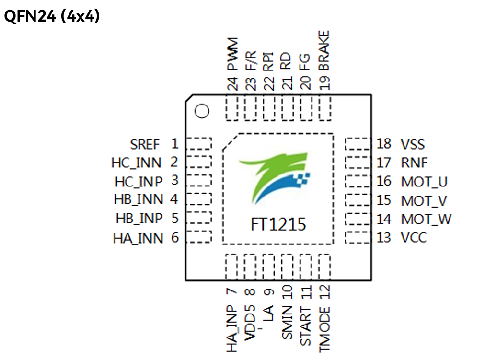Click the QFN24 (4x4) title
[52, 17]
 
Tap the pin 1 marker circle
[202, 112]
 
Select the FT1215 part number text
[278, 224]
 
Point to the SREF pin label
[145, 144]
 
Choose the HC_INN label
[137, 163]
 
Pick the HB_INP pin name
[139, 219]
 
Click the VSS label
[413, 144]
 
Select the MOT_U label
[424, 182]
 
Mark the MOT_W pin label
[426, 220]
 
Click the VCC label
[414, 238]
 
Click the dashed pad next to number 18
[358, 144]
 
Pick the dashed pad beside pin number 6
[198, 237]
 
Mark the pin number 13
[384, 238]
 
